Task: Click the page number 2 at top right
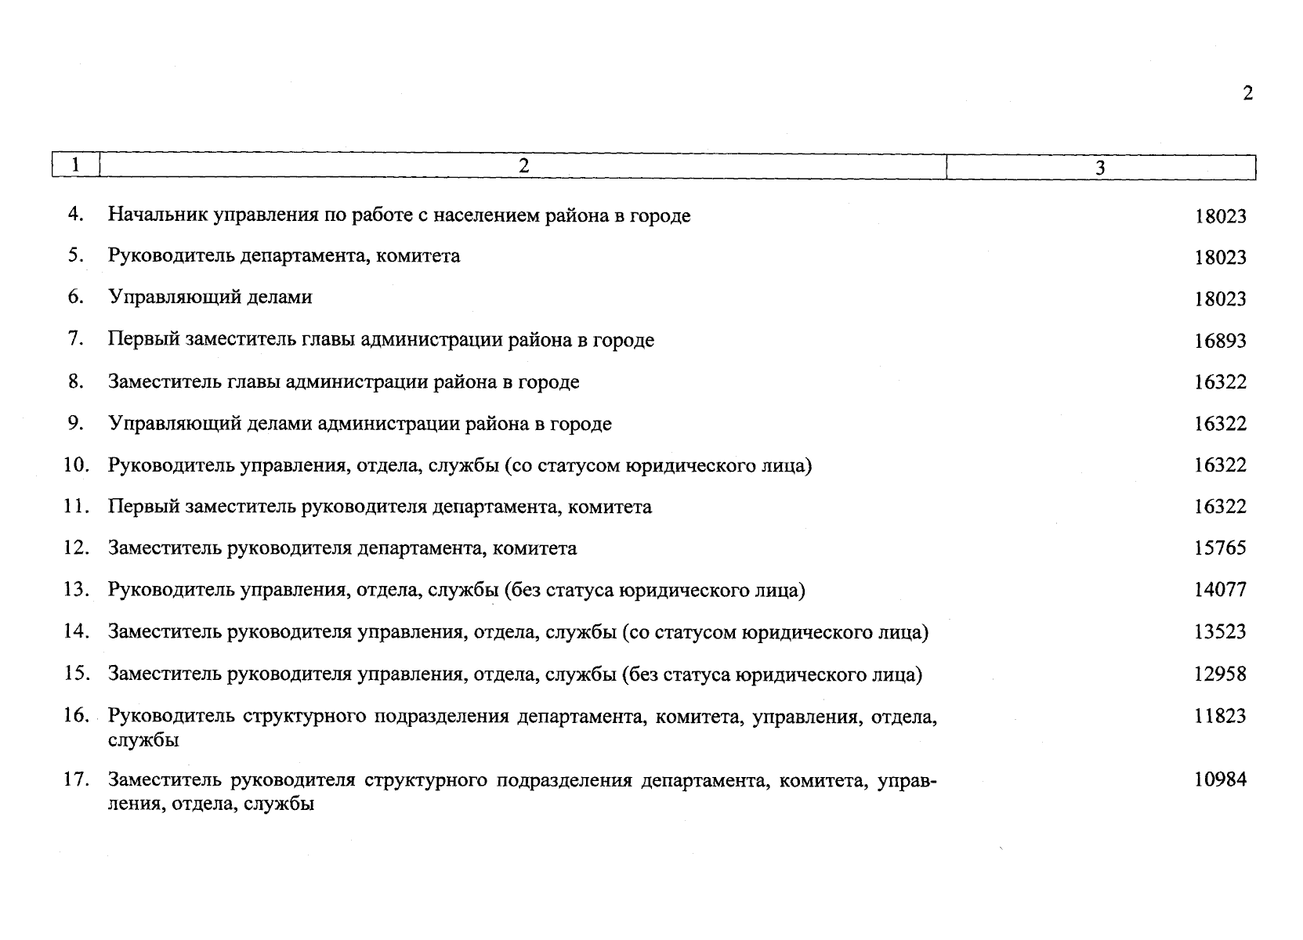[1247, 93]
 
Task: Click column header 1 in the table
[75, 165]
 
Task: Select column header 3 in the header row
[1100, 168]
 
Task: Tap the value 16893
[1220, 341]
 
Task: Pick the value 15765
[1220, 548]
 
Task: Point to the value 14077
[1220, 590]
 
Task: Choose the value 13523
[1220, 632]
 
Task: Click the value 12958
[1220, 674]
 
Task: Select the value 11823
[1220, 716]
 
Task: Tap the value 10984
[1220, 779]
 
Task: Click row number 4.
[75, 214]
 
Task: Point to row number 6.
[75, 297]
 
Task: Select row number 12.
[76, 548]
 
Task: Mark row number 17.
[76, 779]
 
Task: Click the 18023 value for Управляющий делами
[1220, 299]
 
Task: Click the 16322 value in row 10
[1220, 465]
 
